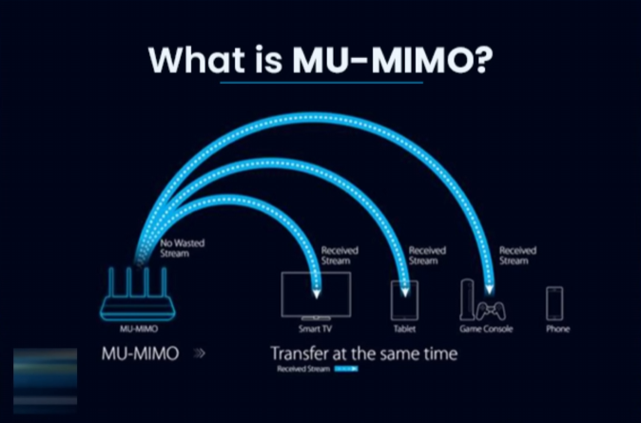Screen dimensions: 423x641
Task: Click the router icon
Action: tap(138, 296)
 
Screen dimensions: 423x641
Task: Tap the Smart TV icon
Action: tap(316, 295)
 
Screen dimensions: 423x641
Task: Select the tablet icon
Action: tap(404, 300)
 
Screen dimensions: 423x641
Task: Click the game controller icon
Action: tap(491, 309)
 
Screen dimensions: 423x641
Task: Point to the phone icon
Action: tap(554, 303)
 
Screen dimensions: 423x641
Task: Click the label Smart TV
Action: tap(316, 329)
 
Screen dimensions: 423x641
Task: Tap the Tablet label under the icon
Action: tap(404, 329)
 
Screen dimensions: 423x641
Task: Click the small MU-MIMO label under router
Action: tap(139, 329)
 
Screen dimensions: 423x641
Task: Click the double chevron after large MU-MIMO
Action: tap(199, 355)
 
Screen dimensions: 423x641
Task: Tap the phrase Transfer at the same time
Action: tap(364, 354)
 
